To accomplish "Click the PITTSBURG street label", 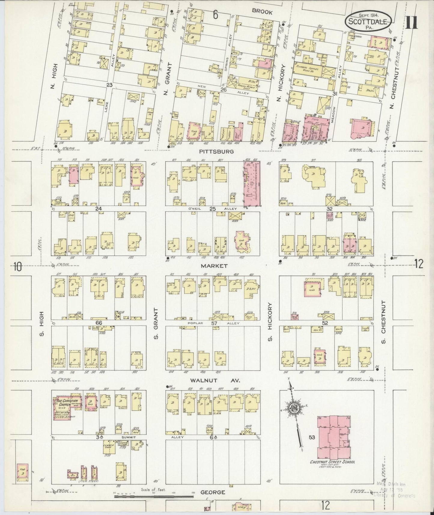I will (x=216, y=152).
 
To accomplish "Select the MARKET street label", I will (x=214, y=266).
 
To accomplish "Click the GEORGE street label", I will (x=213, y=492).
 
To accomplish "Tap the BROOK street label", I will (x=262, y=12).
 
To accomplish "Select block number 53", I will (x=312, y=437).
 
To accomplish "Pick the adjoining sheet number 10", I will (x=18, y=266).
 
